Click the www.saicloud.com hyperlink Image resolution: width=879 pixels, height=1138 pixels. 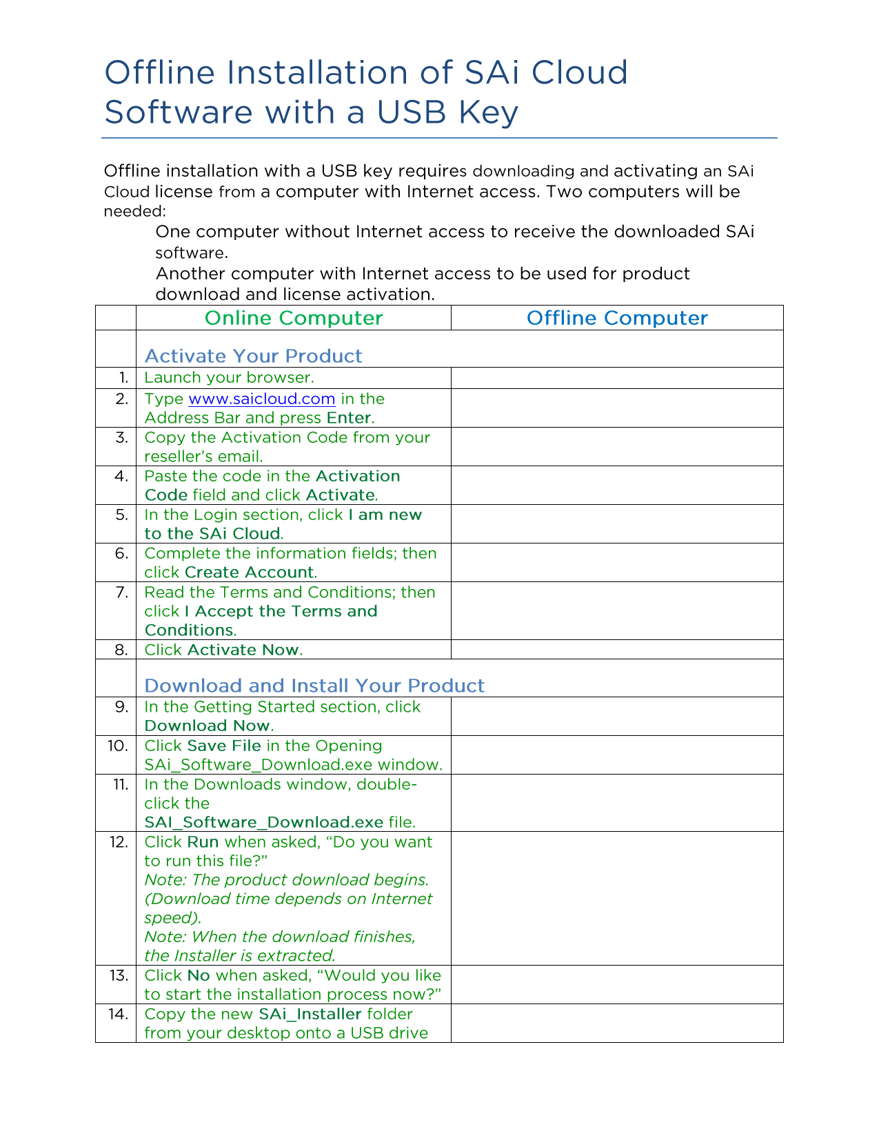pos(261,399)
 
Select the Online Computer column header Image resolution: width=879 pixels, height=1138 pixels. pos(294,318)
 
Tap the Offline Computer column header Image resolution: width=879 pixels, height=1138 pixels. pos(617,318)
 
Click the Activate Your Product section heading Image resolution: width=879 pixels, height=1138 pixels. pos(253,356)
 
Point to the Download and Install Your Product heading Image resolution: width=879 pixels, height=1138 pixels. pos(314,686)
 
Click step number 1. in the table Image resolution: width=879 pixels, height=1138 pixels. pos(123,378)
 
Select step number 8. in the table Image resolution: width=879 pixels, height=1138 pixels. pos(121,650)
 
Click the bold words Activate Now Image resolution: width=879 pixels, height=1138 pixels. pos(243,650)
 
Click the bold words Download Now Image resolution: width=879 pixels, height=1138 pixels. pos(207,726)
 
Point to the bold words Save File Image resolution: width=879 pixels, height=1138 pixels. pos(224,746)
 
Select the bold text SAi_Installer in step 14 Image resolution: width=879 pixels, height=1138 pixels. pos(310,1014)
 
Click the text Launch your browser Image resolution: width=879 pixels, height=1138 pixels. pos(229,378)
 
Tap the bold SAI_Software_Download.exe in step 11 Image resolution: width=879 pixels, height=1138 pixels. pos(263,822)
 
